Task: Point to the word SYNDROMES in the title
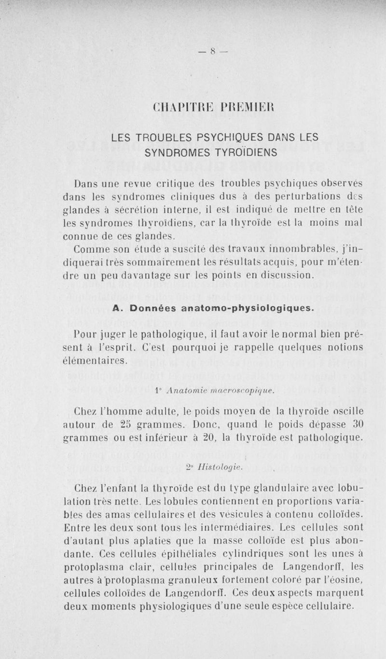174,152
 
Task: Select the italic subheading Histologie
199,467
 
